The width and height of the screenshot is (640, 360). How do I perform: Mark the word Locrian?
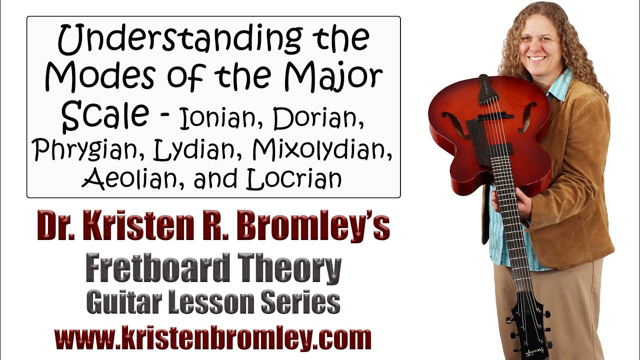click(294, 179)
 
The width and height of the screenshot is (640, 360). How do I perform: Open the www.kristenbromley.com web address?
click(213, 338)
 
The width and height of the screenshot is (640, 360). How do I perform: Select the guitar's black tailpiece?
click(483, 89)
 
